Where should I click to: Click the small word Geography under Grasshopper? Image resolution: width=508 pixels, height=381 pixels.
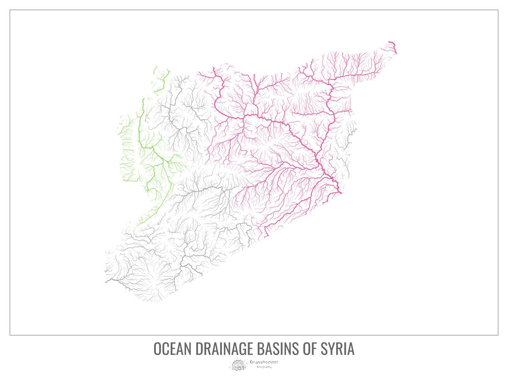264,367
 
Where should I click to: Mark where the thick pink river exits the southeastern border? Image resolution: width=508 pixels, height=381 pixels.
340,193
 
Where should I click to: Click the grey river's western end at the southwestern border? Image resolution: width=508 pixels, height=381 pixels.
106,281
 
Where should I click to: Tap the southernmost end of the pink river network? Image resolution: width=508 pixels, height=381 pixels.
266,236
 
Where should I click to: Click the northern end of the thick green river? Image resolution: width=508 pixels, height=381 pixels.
143,100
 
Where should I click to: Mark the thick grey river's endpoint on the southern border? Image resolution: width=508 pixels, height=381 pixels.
202,274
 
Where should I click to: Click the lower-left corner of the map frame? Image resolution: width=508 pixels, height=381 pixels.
10,335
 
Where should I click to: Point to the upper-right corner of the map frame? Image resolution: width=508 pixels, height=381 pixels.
498,10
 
